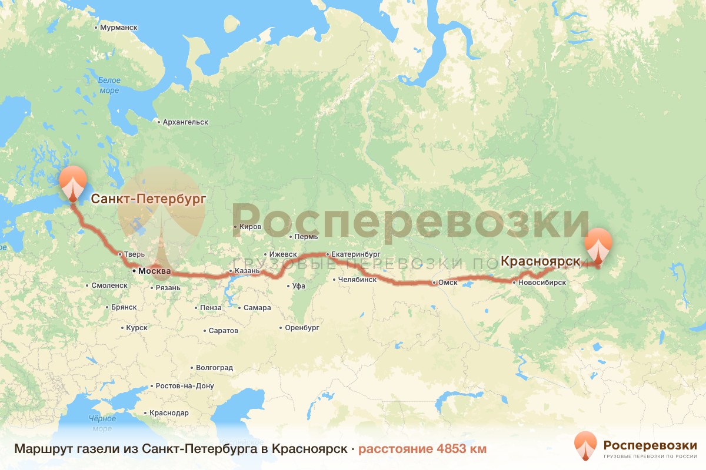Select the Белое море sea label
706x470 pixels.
(x=109, y=85)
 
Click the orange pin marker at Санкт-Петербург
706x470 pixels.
(x=72, y=183)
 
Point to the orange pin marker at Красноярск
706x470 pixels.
(x=598, y=247)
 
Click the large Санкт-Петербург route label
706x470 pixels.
(x=148, y=199)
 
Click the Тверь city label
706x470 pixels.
(x=131, y=254)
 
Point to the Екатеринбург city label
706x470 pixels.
(x=357, y=254)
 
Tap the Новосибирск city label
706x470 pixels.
(x=542, y=283)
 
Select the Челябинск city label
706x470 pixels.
(x=358, y=280)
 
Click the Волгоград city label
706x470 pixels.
(x=214, y=368)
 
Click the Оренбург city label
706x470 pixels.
(x=302, y=327)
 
